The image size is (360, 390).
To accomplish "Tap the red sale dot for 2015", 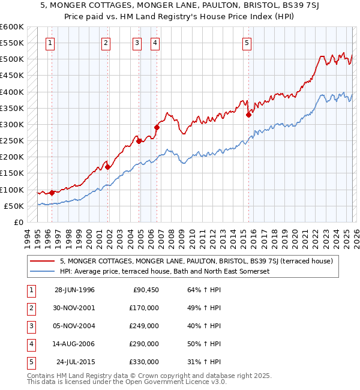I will point(248,115).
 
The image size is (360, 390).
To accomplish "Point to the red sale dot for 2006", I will point(157,127).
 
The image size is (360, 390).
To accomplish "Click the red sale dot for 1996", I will point(52,193).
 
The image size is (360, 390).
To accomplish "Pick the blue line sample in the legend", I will point(43,271).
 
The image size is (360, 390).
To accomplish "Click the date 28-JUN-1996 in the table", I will point(74,290).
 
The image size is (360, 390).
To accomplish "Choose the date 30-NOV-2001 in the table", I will point(74,308).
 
